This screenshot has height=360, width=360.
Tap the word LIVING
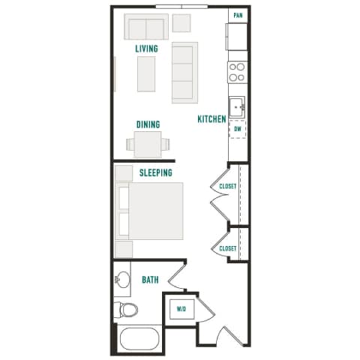146,49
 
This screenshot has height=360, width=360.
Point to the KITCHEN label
211,118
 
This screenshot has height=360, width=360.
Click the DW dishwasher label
238,129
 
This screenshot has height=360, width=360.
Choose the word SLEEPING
156,172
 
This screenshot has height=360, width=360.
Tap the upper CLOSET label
228,186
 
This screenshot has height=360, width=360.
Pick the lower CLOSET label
228,248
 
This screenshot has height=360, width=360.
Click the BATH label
150,280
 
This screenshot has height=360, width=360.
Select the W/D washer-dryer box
181,308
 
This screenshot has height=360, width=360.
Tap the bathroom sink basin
123,282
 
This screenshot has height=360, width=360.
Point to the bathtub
137,339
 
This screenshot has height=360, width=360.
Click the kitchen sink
238,106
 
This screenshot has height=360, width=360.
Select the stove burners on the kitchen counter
237,71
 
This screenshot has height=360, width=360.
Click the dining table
147,143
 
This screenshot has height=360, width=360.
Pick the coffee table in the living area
145,73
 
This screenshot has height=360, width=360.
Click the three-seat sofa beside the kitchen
184,72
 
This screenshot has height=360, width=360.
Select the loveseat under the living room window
145,29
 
